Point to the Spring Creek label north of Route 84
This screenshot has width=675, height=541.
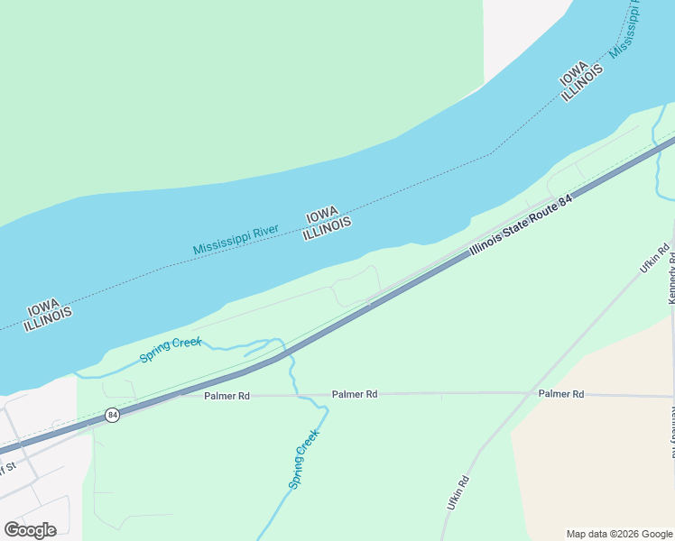coord(171,350)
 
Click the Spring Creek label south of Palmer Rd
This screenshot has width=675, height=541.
coord(304,459)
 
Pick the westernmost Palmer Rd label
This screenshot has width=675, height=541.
coord(227,396)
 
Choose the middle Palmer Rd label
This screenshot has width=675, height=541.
coord(354,394)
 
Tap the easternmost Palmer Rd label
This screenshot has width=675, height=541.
coord(560,394)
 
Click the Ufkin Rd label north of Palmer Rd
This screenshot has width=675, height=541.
coord(654,258)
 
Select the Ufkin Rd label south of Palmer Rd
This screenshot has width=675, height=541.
coord(458,493)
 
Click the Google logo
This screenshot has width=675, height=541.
coord(30,530)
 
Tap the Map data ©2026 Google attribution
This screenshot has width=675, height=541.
coord(619,534)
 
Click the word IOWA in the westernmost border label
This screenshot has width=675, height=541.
coord(43,304)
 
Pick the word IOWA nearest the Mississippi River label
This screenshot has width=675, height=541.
coord(321,216)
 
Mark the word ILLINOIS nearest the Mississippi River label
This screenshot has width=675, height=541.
coord(327,230)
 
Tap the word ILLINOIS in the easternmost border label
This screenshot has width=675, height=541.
coord(582,85)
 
